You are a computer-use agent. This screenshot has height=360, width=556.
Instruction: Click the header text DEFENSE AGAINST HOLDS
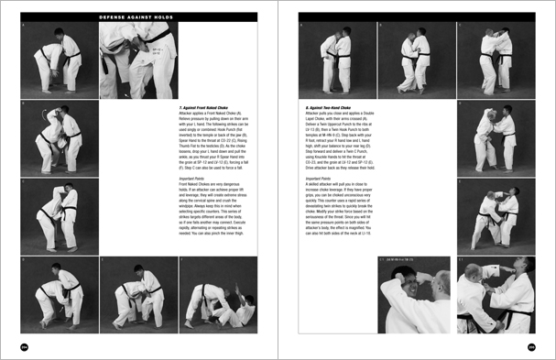coord(133,16)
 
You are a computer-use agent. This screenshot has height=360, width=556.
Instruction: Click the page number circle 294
coord(25,345)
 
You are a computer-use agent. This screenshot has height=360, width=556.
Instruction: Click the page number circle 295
coord(530,345)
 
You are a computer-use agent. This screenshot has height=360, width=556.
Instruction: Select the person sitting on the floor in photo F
coord(240,311)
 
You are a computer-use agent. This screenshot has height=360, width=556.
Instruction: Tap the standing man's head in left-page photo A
coord(62,34)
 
